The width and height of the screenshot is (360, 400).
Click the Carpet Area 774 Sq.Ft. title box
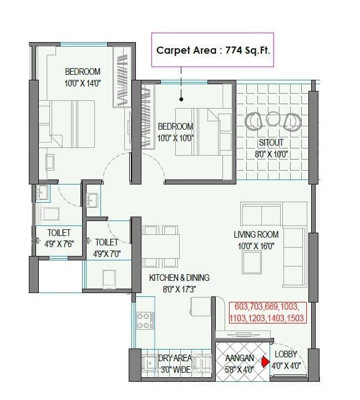tap(216, 50)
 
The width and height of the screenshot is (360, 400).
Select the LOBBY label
tap(286, 354)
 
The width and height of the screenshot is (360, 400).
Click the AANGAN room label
tap(240, 358)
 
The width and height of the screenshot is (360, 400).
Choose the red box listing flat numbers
tap(266, 312)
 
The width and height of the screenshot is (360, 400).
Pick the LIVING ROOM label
tap(255, 234)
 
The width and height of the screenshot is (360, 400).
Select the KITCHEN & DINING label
tap(179, 278)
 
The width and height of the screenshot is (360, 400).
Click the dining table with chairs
tap(161, 244)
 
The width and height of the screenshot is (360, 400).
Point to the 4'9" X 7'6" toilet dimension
tap(59, 243)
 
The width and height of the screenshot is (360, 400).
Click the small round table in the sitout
tap(273, 119)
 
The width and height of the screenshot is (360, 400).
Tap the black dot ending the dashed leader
tap(181, 101)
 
